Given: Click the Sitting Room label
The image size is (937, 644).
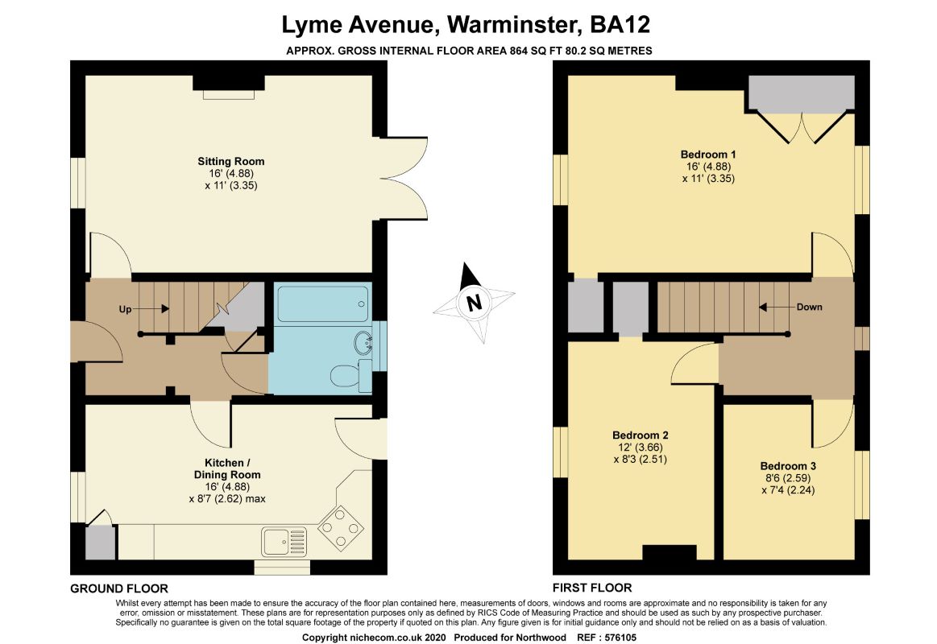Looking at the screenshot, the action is pos(230,161).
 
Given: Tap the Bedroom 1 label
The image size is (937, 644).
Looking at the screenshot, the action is pos(708,155).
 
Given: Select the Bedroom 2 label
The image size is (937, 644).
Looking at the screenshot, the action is pos(640,436).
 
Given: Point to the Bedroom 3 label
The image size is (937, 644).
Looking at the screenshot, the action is pos(788,466).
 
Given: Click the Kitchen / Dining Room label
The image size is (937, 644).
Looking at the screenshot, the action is pos(227,469).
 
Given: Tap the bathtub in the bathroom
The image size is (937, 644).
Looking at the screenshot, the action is pos(323,303).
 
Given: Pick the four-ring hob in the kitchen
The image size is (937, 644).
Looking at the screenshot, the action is pos(342,528).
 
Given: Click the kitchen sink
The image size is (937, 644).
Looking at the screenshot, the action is pos(284,542).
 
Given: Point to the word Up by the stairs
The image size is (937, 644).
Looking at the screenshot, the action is pos(125,309).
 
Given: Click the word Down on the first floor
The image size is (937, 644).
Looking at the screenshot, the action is pos(809,307).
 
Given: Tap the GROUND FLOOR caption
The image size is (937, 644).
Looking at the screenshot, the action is pos(119,588).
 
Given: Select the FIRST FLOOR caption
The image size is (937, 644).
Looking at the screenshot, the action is pos(591,588).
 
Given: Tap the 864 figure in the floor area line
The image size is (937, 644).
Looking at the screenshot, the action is pos(518,51).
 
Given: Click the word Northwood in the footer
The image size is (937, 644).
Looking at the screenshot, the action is pos(543,638).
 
